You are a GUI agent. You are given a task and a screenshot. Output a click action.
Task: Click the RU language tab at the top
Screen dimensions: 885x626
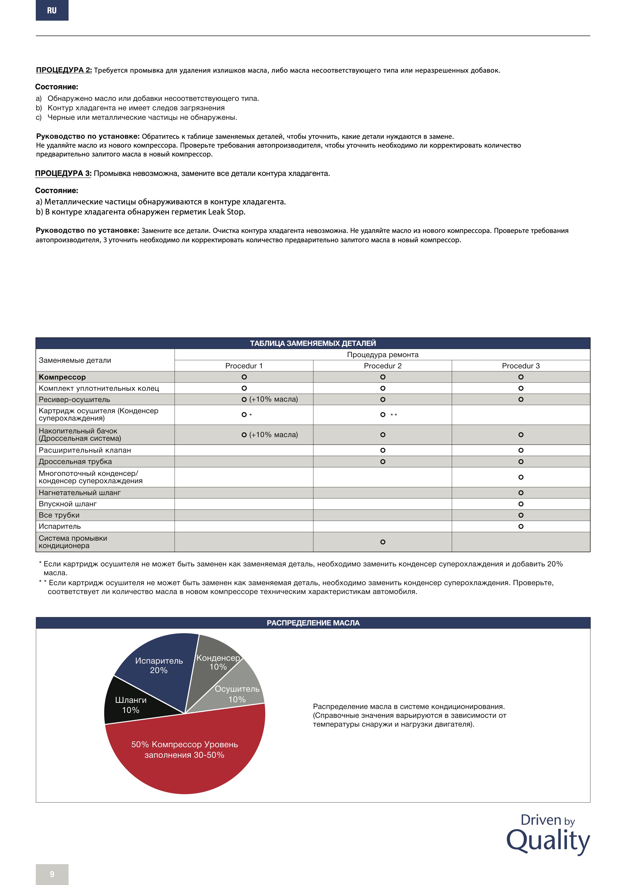pos(52,10)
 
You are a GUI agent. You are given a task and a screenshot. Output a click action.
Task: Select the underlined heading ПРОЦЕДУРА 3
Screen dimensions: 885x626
pos(63,173)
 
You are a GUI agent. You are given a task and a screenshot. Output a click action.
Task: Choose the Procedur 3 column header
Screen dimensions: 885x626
pos(520,366)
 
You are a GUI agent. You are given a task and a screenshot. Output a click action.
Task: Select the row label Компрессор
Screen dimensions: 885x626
pos(62,377)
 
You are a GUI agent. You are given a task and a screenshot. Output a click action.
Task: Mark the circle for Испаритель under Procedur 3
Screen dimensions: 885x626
pos(521,526)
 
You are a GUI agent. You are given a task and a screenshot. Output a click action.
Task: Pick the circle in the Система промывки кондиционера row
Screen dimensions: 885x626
pos(382,542)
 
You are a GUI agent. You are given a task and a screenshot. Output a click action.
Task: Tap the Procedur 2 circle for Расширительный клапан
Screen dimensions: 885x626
pos(382,450)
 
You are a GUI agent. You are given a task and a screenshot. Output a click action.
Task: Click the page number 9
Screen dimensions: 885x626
pos(52,874)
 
